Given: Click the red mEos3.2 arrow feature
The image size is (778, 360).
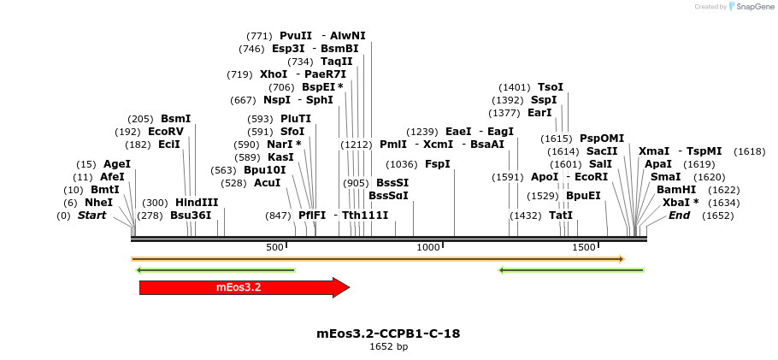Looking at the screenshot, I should pos(244,287).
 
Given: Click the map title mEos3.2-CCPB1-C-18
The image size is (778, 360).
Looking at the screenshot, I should pos(388,333).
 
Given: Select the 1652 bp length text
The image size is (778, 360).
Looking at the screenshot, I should pos(388,347).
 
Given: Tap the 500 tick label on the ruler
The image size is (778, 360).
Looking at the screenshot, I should pos(274,247).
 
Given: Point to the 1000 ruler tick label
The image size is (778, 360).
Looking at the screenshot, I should pos(427,247).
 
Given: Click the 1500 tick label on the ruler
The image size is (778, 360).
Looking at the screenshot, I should pos(584,247).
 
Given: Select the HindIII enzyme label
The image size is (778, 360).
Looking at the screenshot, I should pos(197,203).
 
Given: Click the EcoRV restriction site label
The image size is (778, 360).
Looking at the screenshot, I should pos(166,132).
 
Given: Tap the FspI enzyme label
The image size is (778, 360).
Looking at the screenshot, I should pos(438,164).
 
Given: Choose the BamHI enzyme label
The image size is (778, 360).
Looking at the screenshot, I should pos(675,190).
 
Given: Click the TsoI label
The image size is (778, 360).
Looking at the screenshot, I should pos(551,87).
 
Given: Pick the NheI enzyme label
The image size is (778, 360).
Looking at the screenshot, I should pos(98,203).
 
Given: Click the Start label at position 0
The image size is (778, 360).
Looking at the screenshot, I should pos(91,215).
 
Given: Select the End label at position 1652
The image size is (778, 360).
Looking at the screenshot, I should pos(679,215).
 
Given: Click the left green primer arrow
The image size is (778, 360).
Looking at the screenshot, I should pos(215,270).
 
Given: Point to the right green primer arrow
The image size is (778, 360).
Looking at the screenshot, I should pos(571,270).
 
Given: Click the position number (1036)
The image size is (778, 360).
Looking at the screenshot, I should pos(402,164).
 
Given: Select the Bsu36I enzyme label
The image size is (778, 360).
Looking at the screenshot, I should pos(191,215).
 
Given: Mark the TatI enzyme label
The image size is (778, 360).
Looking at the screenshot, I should pos(561,215).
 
